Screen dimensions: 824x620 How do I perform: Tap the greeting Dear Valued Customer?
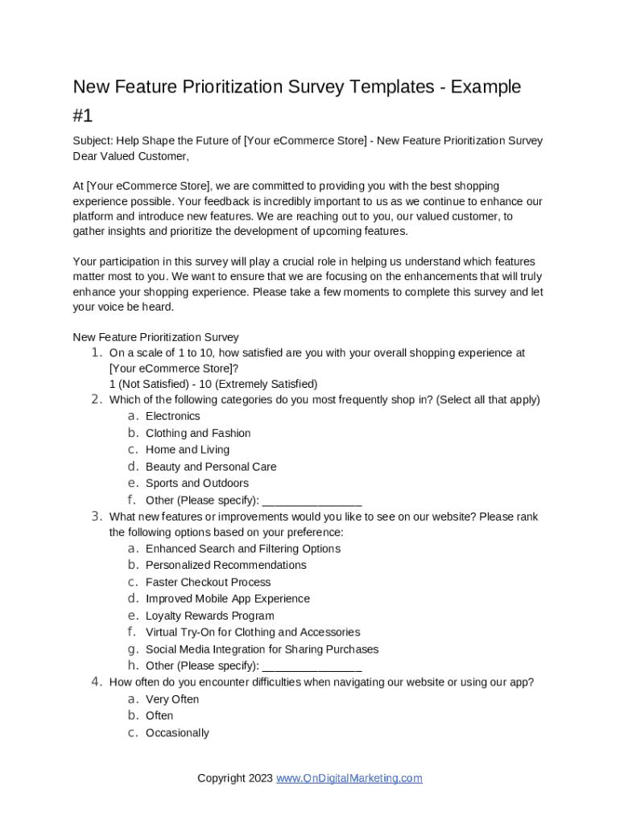tap(130, 156)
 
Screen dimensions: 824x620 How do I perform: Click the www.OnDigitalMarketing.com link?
tap(349, 778)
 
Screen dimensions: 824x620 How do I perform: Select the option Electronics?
tap(172, 416)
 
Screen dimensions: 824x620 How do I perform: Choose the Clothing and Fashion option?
tap(198, 433)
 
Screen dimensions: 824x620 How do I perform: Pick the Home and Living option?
tap(188, 450)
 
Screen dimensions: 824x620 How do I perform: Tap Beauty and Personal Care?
tap(211, 467)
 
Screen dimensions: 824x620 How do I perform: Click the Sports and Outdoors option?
tap(197, 484)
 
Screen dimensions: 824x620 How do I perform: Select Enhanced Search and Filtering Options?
tap(243, 549)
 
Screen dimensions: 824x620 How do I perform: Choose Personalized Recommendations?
tap(226, 565)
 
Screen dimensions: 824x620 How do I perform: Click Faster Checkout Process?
tap(209, 582)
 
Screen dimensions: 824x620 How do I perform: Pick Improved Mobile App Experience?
tap(228, 599)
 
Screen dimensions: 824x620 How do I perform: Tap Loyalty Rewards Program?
tap(210, 616)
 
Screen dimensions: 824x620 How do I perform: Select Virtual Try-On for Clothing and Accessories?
tap(253, 632)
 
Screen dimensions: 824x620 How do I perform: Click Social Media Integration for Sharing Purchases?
tap(262, 649)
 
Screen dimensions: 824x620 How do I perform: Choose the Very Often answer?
tap(172, 699)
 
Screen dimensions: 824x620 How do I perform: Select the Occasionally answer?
tap(177, 733)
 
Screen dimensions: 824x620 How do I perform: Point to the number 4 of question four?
tap(96, 682)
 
